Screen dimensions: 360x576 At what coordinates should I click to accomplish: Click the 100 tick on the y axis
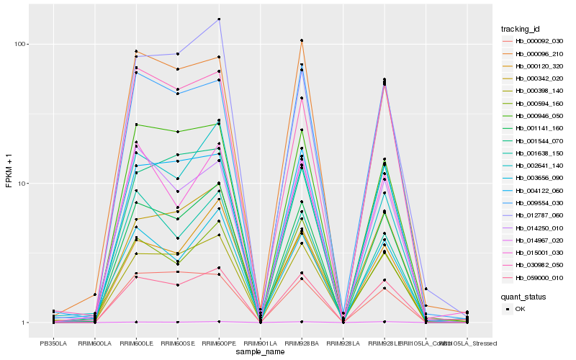tap(20, 44)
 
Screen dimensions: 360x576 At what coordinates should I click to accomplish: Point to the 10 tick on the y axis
tap(22, 183)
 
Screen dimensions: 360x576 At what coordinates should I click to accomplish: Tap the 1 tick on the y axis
tap(24, 323)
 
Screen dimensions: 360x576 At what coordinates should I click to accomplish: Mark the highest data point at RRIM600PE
tap(219, 19)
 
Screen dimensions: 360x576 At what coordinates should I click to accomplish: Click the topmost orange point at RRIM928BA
tap(302, 40)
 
